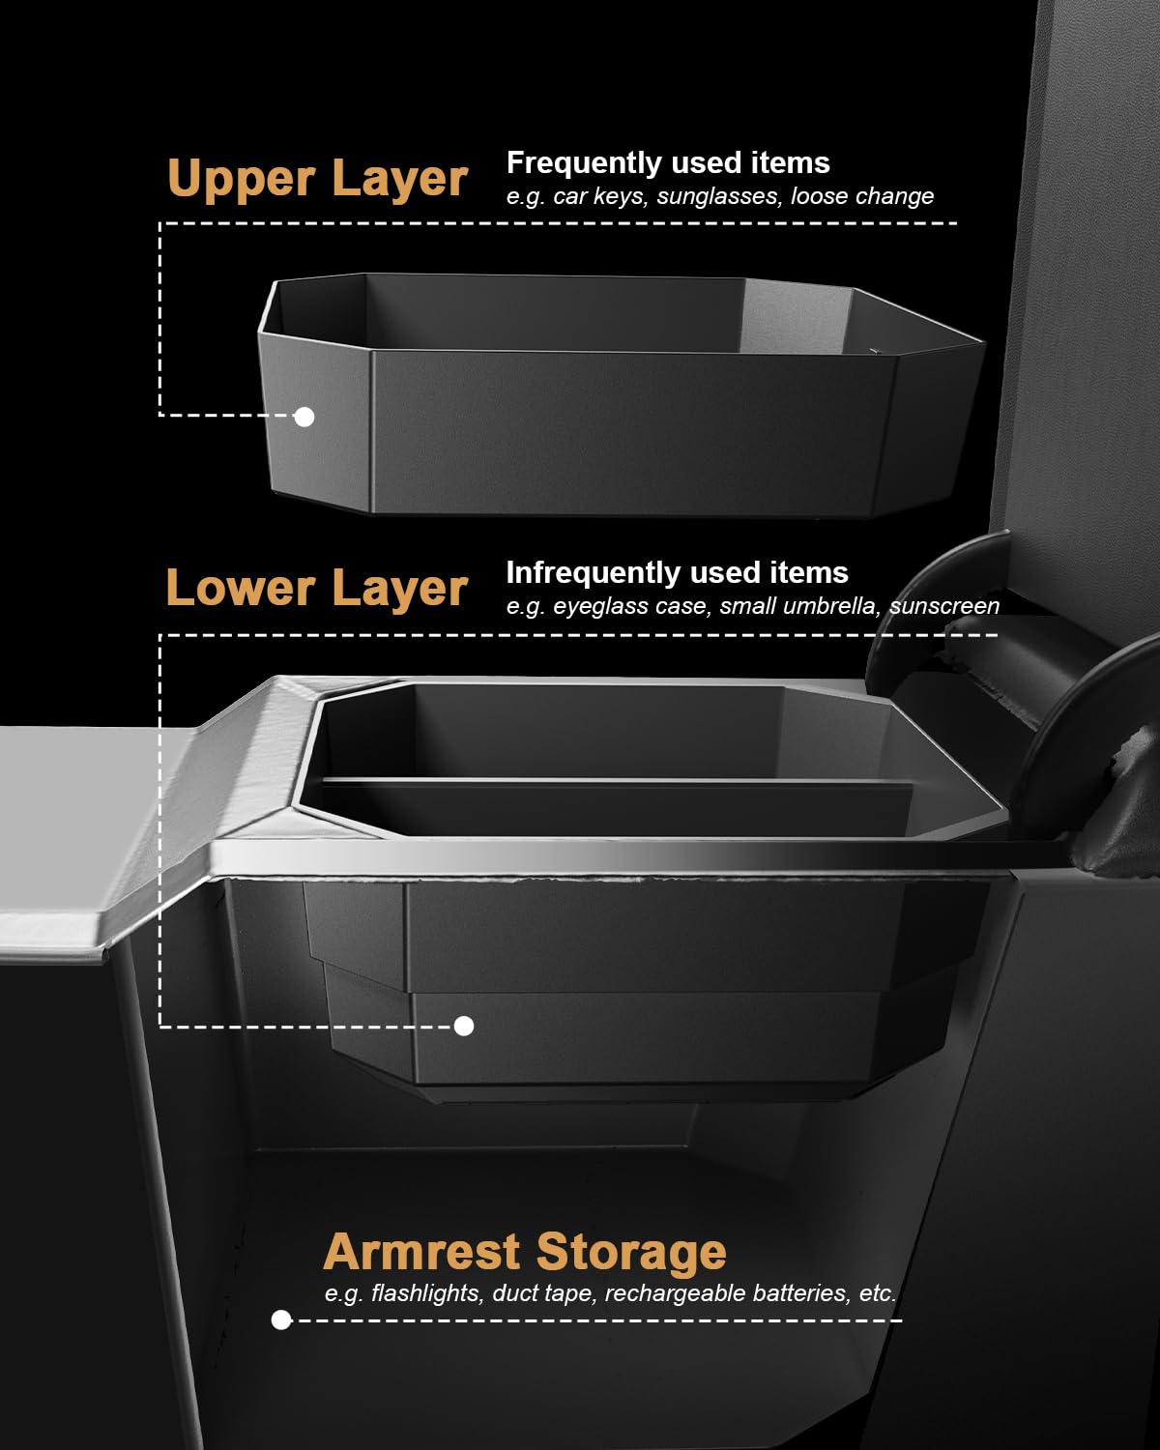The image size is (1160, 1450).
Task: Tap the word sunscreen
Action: [x=944, y=606]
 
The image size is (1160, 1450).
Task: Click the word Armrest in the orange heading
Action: [x=421, y=1252]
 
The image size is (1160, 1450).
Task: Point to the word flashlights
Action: [x=427, y=1293]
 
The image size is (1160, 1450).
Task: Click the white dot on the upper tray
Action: [x=304, y=417]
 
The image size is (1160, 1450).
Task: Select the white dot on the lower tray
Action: [x=464, y=1027]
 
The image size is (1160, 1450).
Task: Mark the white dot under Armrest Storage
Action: [x=281, y=1319]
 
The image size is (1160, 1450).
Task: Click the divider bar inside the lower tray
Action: [x=617, y=782]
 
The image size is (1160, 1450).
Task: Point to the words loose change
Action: [x=862, y=197]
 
